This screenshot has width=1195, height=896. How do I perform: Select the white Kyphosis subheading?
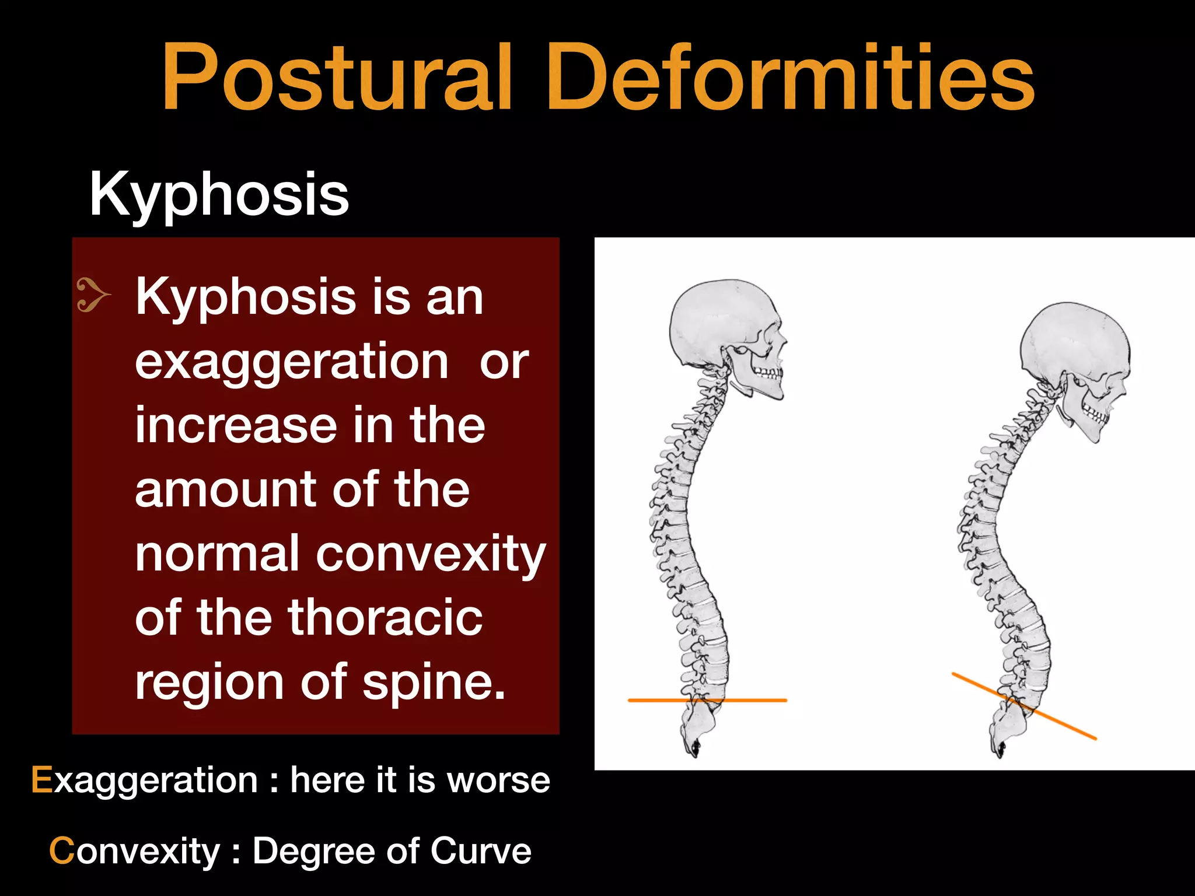coord(219,195)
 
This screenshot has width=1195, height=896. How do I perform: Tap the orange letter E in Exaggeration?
coord(41,780)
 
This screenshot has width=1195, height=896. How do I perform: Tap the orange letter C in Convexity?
coord(61,851)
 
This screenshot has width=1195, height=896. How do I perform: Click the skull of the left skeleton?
coord(721,327)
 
